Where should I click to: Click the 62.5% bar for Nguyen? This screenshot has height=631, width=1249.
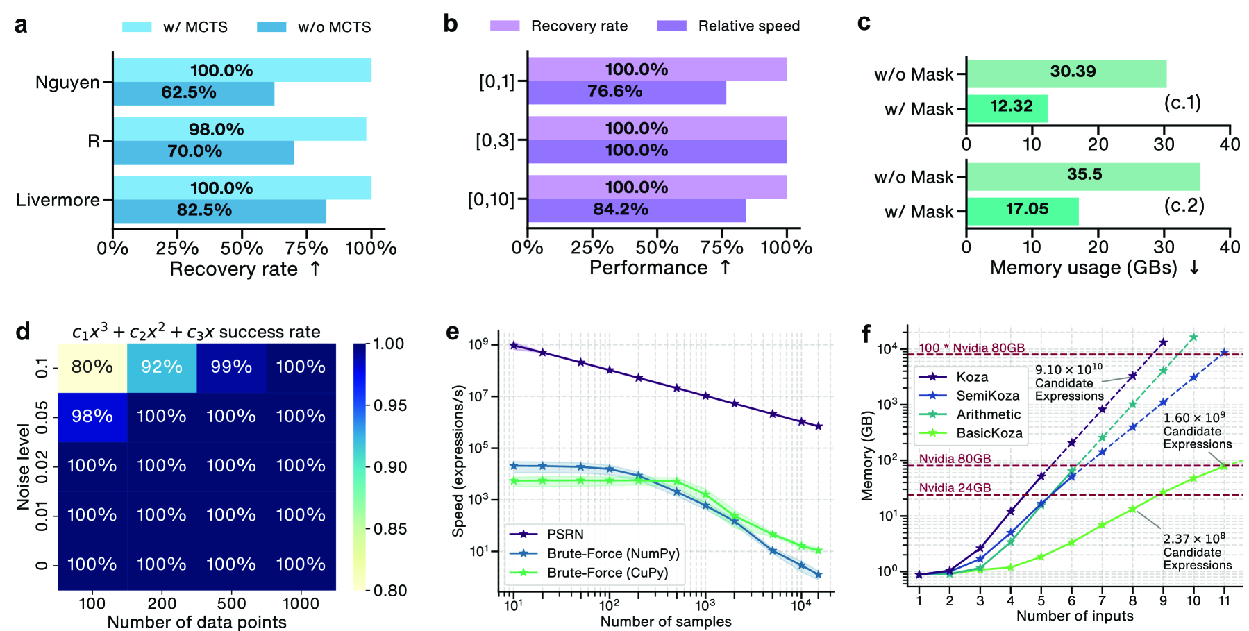click(194, 93)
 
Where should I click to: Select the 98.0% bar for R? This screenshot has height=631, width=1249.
click(240, 129)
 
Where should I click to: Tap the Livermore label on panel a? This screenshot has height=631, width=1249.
click(58, 200)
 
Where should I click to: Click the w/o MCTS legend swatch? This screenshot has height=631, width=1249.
click(271, 27)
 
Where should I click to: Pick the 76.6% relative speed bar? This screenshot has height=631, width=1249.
click(626, 92)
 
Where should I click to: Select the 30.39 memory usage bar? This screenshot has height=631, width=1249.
click(1066, 72)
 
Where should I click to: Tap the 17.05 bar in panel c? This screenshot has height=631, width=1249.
click(1022, 210)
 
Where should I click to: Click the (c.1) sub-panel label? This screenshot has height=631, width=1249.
click(1182, 103)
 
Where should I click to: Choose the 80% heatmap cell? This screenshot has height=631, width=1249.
click(92, 367)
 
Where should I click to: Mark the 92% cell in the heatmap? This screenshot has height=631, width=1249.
click(162, 367)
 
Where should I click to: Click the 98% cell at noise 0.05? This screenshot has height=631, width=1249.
click(92, 417)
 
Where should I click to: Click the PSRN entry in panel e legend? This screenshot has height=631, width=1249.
click(564, 534)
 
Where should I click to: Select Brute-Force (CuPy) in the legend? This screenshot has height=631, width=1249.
click(607, 573)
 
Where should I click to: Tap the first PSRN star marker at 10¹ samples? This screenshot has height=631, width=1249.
click(514, 345)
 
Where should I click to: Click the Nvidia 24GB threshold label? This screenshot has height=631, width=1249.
click(955, 488)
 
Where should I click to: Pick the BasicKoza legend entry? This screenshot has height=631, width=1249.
click(989, 433)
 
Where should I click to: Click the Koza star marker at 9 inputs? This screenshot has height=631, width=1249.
click(1163, 343)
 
